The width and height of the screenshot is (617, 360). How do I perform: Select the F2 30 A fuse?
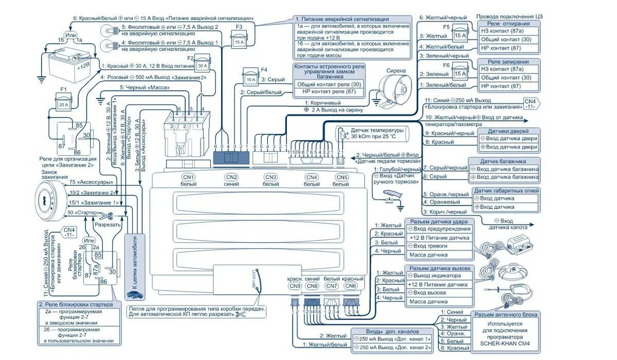tap(201, 65)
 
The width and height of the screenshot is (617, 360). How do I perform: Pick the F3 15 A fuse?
tap(239, 41)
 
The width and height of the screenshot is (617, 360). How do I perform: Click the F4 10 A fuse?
tap(250, 79)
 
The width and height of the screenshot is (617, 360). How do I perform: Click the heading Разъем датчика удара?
tap(439, 221)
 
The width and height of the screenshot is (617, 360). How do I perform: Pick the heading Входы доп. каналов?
tap(392, 331)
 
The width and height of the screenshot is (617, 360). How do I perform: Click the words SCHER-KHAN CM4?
tap(504, 344)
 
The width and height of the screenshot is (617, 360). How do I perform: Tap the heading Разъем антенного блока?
tap(506, 315)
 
